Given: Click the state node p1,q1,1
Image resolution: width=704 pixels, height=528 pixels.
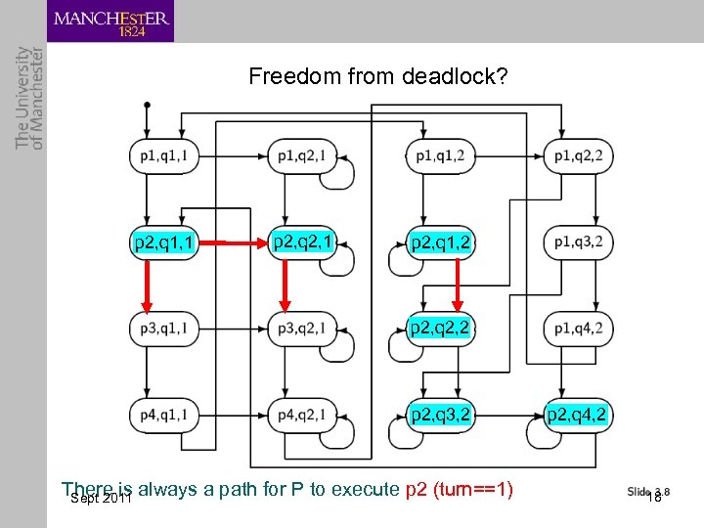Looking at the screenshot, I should pyautogui.click(x=164, y=155).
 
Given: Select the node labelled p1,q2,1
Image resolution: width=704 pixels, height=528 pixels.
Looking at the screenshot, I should pyautogui.click(x=305, y=155).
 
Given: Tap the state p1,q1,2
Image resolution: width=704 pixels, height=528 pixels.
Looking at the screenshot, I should pyautogui.click(x=440, y=155).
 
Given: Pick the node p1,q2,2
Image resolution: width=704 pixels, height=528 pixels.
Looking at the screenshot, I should pyautogui.click(x=578, y=155).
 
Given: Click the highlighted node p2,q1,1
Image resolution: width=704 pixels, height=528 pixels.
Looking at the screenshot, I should pyautogui.click(x=164, y=242).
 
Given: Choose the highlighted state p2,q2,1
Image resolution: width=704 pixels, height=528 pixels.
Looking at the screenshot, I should pyautogui.click(x=305, y=241).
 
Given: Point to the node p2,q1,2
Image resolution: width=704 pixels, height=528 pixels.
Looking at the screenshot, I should pyautogui.click(x=441, y=242).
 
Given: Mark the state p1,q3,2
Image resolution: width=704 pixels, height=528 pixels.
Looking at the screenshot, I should pyautogui.click(x=578, y=242).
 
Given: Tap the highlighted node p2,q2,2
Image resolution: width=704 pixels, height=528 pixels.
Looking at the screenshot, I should pyautogui.click(x=441, y=328).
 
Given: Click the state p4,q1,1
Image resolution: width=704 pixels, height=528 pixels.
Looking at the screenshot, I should pyautogui.click(x=164, y=416).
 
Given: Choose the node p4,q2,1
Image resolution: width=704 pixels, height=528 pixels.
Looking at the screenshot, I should pyautogui.click(x=305, y=416).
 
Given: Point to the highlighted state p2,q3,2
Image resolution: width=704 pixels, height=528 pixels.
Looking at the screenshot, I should pyautogui.click(x=441, y=416).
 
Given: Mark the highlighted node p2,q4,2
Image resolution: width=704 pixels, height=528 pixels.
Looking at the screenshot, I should pyautogui.click(x=578, y=416).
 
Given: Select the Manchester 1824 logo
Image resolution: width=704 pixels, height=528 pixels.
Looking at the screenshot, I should pyautogui.click(x=110, y=22).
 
